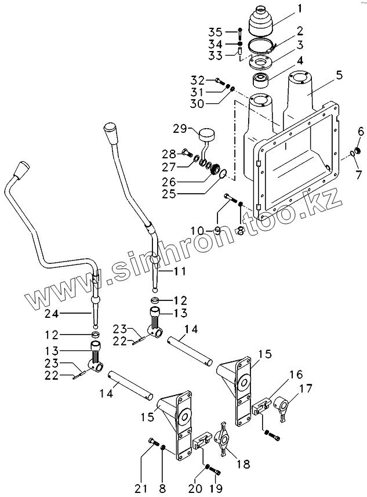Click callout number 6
click(x=360, y=132)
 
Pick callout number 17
click(x=307, y=389)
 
